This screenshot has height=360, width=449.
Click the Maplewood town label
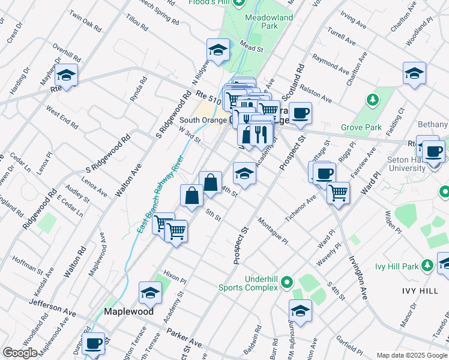128,312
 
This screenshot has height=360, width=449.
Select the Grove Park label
361,127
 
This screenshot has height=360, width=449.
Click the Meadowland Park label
269,22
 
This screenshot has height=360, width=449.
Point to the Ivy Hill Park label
400,266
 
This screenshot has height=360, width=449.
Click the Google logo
20,353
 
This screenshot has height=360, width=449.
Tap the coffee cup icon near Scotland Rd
301,112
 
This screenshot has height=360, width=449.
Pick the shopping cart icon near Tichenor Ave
339,192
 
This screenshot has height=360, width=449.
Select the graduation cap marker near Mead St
218,49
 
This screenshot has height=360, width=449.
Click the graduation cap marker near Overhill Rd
67,75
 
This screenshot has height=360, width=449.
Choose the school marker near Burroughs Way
300,310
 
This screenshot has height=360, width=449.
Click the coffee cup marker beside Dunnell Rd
94,343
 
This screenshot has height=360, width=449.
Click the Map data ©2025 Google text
411,355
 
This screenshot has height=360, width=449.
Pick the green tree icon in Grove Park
373,98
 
